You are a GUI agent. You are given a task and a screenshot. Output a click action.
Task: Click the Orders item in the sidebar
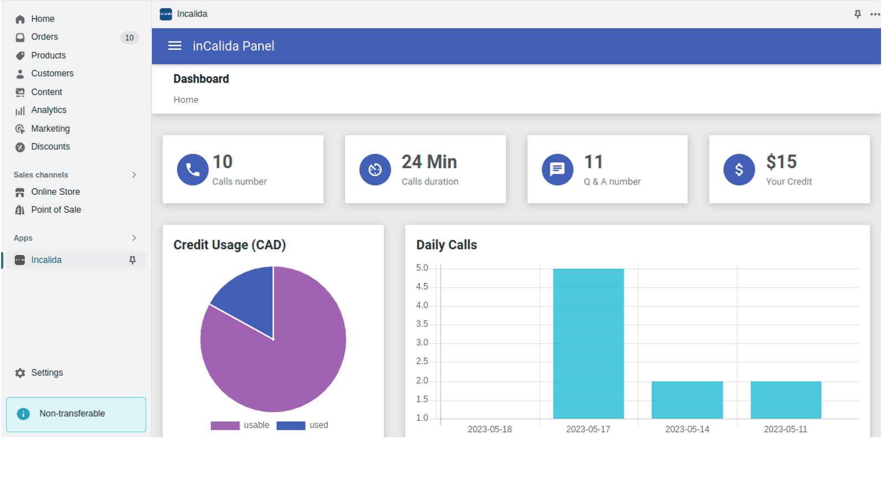[44, 37]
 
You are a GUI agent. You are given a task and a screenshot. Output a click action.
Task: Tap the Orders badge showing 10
[129, 38]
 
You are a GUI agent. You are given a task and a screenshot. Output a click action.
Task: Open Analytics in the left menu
[48, 110]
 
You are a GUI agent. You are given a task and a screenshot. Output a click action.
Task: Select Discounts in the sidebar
[50, 147]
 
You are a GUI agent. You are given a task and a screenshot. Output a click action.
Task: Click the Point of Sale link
[55, 210]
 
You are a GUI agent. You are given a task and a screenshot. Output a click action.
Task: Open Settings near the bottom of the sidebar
[47, 373]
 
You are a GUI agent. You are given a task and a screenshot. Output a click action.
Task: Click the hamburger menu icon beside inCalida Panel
[175, 46]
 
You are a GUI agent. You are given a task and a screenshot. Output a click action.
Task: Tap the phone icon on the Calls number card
[193, 169]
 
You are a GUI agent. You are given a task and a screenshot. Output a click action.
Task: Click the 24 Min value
[429, 162]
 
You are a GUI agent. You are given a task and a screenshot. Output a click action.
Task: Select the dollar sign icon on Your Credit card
[739, 169]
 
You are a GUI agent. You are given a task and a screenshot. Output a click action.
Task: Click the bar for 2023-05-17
[588, 343]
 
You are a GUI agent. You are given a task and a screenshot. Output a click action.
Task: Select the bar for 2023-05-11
[786, 400]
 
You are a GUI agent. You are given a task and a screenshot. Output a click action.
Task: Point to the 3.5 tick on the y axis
[422, 324]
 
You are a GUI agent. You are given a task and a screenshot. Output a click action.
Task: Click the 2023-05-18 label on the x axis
[490, 429]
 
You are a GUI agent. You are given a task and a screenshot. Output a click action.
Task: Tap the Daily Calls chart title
[446, 245]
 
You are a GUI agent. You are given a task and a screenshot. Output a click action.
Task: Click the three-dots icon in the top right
[875, 14]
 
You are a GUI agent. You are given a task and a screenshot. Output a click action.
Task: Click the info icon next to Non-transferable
[23, 414]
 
